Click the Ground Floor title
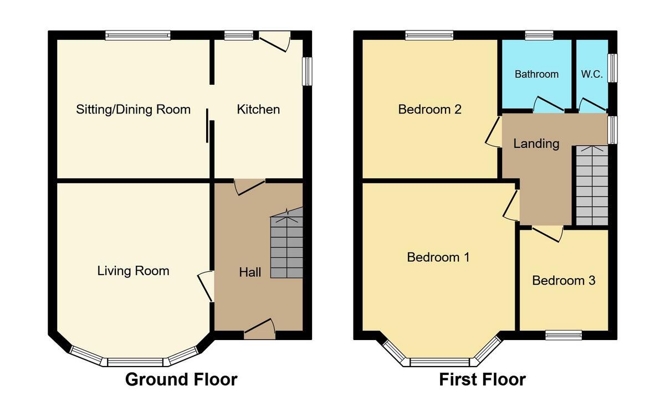tap(181, 379)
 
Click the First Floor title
tap(482, 379)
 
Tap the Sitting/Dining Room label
tap(133, 109)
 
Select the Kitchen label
tap(258, 109)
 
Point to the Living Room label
tap(133, 271)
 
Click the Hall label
tap(250, 272)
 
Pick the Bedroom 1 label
tap(438, 257)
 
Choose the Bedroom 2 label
tap(429, 109)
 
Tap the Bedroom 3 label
tap(564, 280)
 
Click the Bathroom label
tap(536, 74)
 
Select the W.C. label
tap(591, 74)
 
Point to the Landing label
tap(536, 144)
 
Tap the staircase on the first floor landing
tap(592, 186)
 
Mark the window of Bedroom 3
tap(563, 334)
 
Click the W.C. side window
tap(612, 68)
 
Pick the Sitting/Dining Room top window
tap(138, 35)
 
